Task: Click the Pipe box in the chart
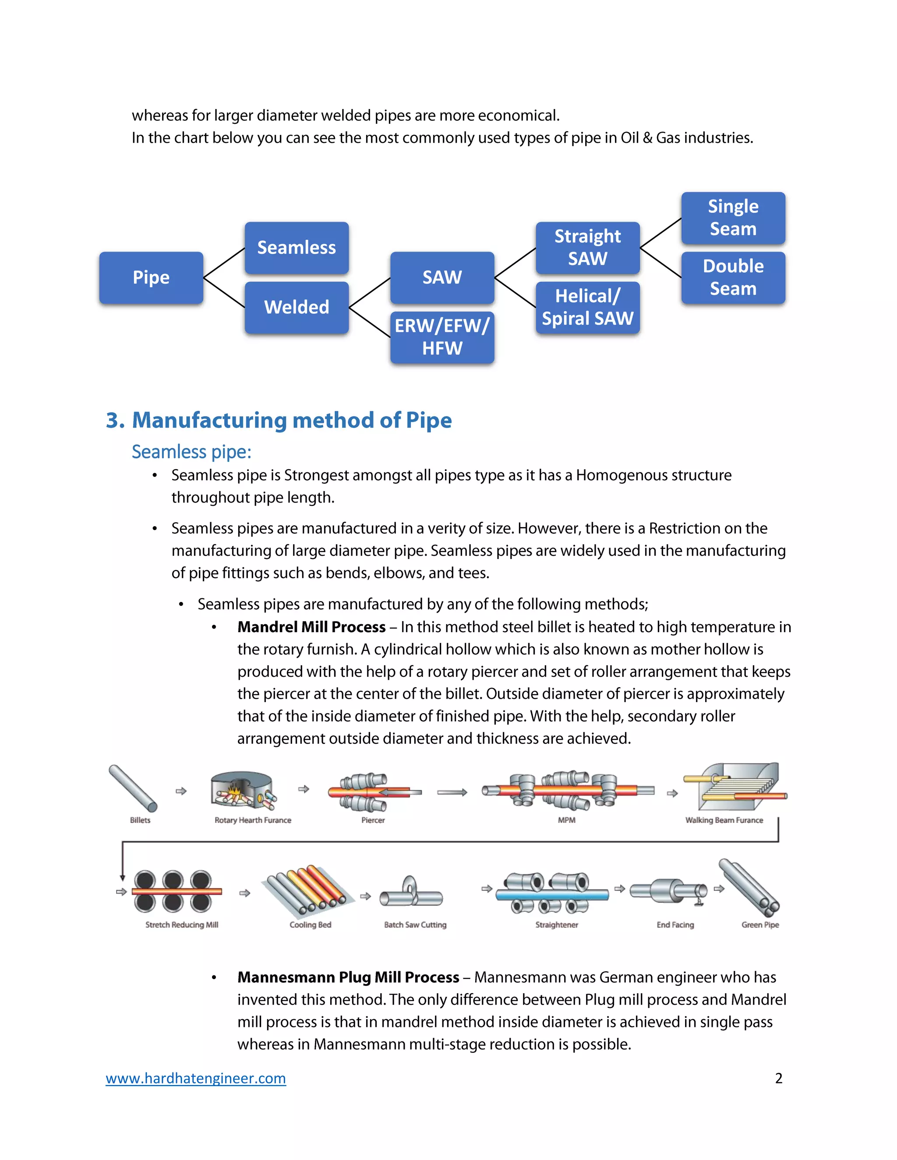151,277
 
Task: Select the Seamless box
297,247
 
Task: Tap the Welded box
297,307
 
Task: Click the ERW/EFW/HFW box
442,337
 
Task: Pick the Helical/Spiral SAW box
587,307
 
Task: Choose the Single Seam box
733,218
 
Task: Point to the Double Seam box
733,277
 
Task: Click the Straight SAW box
587,247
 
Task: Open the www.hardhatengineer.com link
195,1078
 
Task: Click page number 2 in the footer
778,1078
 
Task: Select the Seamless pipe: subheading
191,451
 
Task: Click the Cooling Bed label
311,924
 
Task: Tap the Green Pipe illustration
749,888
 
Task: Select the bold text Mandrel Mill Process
311,627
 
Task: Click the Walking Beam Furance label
724,820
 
